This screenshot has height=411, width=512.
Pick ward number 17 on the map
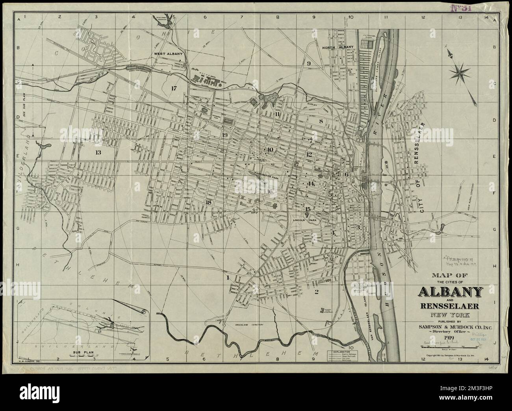(x=174, y=88)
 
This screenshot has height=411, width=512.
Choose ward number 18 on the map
(x=208, y=202)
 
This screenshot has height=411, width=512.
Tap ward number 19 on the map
(x=224, y=135)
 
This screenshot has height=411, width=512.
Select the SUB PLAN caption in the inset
(x=82, y=353)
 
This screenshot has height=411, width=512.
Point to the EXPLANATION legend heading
(x=341, y=350)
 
